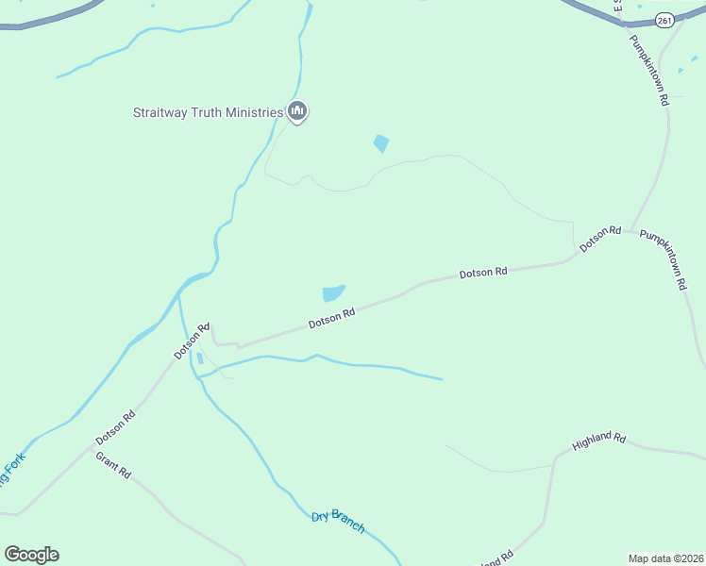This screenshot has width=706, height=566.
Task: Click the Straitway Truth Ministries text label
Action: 207,113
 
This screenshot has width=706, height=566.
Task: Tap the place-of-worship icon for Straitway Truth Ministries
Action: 298,112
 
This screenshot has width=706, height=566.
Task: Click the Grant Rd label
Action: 113,464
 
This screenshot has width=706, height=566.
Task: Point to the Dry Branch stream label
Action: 338,521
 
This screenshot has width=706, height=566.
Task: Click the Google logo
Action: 31,555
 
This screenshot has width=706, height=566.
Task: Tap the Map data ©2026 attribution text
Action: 666,558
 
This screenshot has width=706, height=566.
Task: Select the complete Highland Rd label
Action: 599,441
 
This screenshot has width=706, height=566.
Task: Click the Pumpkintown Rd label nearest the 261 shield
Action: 649,70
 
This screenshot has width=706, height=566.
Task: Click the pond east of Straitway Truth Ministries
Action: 380,143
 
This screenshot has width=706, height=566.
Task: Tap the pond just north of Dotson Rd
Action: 333,293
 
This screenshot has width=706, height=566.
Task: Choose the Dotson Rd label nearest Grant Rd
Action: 116,427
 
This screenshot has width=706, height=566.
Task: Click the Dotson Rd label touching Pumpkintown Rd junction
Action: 600,237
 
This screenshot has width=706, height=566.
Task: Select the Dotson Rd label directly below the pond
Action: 331,318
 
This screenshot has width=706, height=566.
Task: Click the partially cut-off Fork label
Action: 12,470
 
